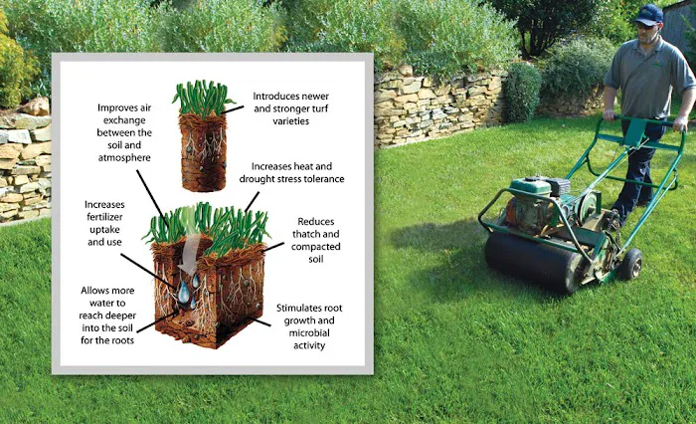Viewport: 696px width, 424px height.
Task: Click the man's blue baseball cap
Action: click(x=648, y=15)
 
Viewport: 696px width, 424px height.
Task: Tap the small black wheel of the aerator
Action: click(x=630, y=264)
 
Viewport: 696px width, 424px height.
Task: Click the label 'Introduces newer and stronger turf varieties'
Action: click(x=290, y=108)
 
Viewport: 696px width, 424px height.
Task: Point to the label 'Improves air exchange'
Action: click(x=124, y=113)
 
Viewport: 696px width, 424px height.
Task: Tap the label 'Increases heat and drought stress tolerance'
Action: click(x=291, y=172)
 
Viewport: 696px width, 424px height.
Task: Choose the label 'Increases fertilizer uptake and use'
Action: click(x=104, y=223)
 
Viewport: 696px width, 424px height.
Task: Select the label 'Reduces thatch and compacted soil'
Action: click(x=315, y=240)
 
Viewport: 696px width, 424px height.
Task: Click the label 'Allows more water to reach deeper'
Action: click(x=107, y=303)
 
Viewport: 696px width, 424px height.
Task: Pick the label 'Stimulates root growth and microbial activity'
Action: click(x=309, y=326)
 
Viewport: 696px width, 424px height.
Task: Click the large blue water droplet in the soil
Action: click(x=183, y=292)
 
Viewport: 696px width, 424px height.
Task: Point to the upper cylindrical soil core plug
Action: click(x=203, y=136)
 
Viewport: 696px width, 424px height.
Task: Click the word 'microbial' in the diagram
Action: click(x=309, y=332)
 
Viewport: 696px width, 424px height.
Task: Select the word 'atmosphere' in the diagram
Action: click(x=124, y=158)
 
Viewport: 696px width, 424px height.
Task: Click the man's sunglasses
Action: click(x=644, y=25)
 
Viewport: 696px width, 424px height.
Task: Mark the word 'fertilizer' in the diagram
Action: click(x=104, y=217)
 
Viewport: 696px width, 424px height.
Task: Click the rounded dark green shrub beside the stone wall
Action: click(x=522, y=92)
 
